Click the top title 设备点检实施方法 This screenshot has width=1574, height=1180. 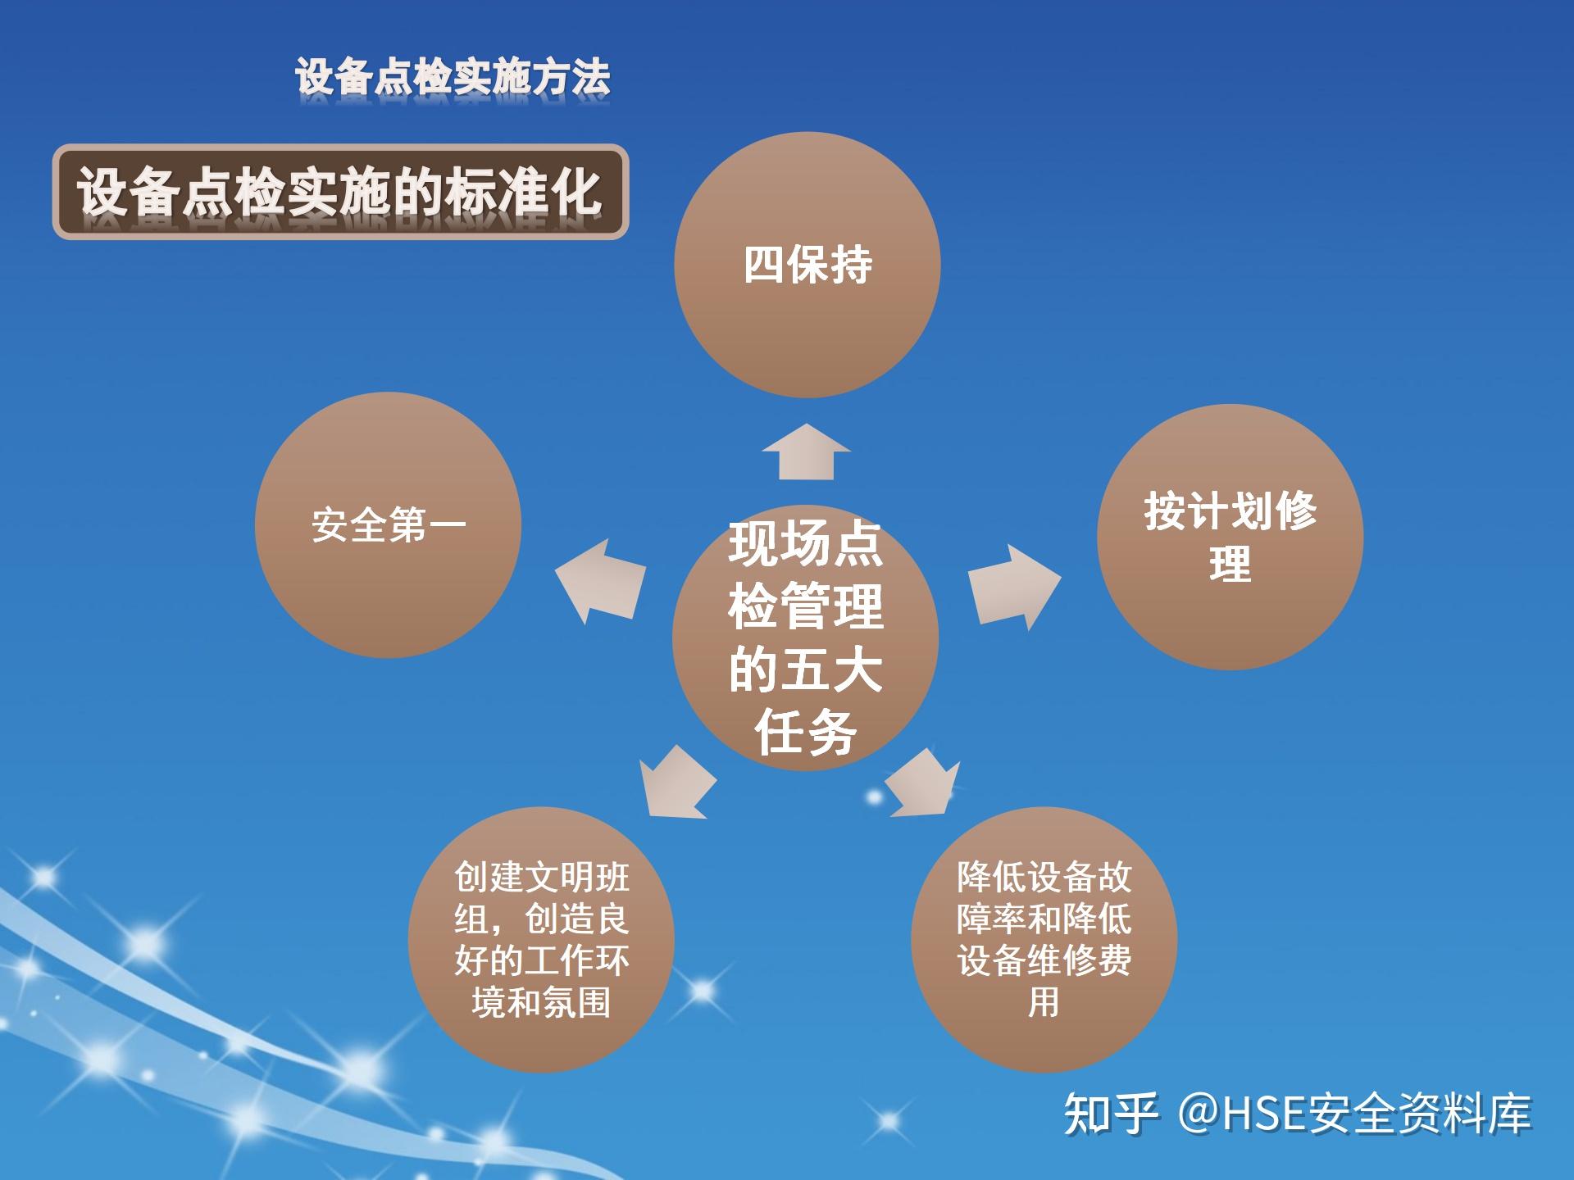click(453, 78)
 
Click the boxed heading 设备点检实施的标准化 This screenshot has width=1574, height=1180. click(340, 193)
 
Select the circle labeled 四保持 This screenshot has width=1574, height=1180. click(807, 265)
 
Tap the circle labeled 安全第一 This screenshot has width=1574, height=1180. click(388, 525)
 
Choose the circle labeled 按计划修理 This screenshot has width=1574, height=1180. click(1231, 537)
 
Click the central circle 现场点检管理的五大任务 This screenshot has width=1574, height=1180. click(805, 638)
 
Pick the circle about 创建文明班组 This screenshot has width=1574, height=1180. click(541, 940)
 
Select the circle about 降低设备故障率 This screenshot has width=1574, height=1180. click(1044, 940)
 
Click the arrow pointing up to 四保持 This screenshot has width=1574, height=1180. click(807, 452)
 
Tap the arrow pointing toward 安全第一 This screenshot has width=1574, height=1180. click(599, 581)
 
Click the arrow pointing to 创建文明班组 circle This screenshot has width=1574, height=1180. click(676, 783)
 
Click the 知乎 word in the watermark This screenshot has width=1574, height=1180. click(1112, 1114)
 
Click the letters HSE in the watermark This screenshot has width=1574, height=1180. click(1263, 1114)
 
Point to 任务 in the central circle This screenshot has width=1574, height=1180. click(806, 732)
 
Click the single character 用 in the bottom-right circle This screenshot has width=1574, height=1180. click(1044, 1002)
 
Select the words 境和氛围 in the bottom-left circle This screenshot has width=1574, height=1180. click(541, 1002)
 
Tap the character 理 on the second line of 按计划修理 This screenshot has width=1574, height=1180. click(1231, 564)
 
